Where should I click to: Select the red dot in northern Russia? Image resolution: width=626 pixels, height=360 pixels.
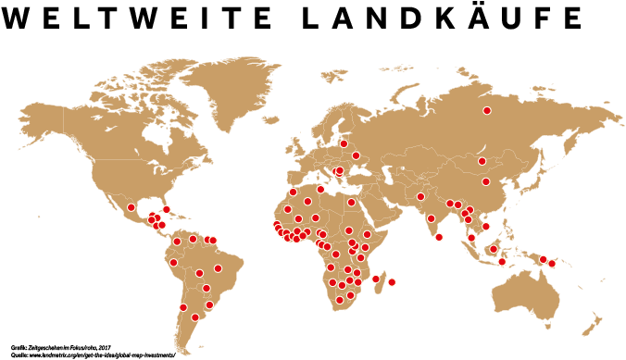(486, 111)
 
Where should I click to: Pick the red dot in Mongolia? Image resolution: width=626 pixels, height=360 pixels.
(482, 161)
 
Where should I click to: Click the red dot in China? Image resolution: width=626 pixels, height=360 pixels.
(485, 181)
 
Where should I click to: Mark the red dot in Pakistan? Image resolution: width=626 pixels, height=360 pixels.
(420, 196)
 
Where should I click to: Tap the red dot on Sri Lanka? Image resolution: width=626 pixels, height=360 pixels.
(439, 237)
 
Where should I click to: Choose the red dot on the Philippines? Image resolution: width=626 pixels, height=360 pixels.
(486, 227)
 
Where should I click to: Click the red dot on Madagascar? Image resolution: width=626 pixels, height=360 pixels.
(376, 278)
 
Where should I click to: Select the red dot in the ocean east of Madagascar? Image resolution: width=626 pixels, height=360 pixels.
(392, 282)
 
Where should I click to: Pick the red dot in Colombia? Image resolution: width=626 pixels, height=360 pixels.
(176, 242)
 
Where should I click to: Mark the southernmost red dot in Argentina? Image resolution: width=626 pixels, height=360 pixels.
(195, 317)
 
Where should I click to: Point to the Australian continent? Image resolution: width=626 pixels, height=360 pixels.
(528, 296)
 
